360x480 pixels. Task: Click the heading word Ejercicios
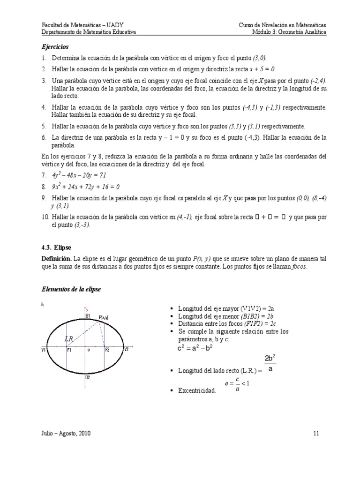(55, 47)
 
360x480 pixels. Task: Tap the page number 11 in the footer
(316, 433)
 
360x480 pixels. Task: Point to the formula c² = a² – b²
(195, 348)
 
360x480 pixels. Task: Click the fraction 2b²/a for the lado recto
(270, 363)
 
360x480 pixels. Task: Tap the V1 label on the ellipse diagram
(44, 350)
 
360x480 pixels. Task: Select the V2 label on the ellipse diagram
(126, 350)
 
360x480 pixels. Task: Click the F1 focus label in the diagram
(69, 350)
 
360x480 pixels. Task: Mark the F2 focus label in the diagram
(107, 350)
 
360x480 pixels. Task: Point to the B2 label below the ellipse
(88, 377)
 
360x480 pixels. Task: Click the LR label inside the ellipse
(68, 338)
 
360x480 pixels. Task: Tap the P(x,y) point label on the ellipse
(104, 318)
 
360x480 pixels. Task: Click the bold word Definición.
(57, 259)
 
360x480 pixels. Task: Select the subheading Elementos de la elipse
(71, 289)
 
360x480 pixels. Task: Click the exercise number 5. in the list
(44, 126)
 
